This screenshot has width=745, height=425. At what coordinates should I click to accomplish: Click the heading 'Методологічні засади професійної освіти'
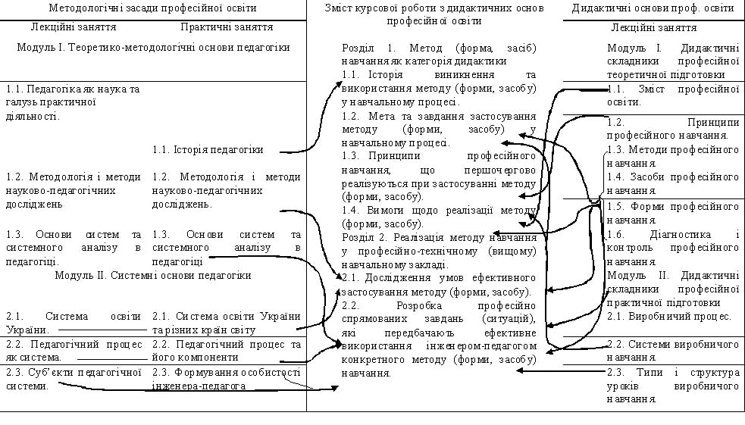152,8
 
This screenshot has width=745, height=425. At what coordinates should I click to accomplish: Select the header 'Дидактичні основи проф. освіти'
653,8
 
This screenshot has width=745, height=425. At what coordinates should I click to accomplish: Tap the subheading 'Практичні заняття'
227,27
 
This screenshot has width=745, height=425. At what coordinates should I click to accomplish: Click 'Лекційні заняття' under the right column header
653,28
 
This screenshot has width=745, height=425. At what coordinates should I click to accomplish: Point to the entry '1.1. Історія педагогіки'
208,150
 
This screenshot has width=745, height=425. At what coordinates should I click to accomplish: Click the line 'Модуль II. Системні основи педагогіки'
153,275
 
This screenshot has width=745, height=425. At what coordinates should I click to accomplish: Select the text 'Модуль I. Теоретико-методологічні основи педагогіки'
153,47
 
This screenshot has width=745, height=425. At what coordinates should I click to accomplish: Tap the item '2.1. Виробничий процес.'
669,317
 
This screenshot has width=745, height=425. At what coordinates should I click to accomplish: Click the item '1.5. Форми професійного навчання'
673,212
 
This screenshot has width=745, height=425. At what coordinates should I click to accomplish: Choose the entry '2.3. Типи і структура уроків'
673,378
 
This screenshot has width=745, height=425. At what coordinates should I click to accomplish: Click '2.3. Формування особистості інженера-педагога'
226,379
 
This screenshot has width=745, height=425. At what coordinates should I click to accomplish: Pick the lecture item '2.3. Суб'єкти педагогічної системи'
74,378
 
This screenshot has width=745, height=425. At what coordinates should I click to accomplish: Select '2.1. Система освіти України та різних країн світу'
226,323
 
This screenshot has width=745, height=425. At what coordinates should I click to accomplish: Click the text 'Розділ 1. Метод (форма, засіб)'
439,48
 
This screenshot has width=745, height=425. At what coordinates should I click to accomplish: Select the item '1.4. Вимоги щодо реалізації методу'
439,217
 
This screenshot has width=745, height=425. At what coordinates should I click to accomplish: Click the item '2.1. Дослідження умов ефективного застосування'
439,284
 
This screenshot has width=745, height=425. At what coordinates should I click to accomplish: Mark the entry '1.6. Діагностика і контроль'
673,247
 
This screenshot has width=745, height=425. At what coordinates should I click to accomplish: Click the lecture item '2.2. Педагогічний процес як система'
74,351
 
